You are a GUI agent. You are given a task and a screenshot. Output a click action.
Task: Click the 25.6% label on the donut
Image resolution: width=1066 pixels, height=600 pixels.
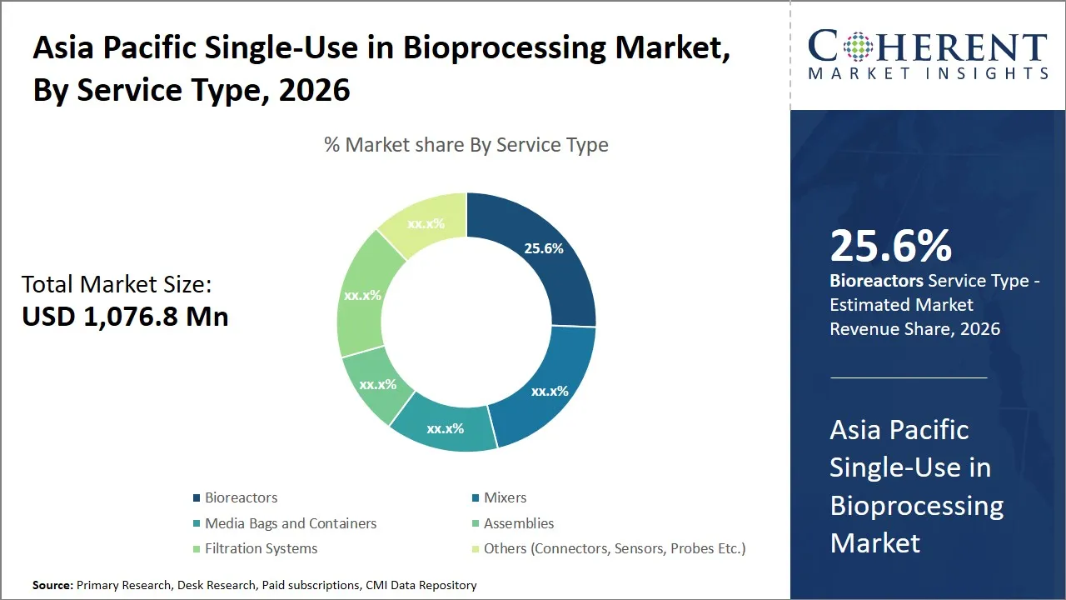tap(544, 248)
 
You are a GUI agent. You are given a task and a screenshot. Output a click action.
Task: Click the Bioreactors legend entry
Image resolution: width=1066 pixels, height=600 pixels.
tap(241, 497)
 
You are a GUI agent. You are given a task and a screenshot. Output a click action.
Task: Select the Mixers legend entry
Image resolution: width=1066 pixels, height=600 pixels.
tap(505, 497)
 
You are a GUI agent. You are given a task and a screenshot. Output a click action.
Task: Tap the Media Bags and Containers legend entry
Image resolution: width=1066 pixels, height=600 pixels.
tap(291, 523)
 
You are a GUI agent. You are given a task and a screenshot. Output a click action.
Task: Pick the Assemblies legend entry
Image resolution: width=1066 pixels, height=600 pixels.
tap(518, 523)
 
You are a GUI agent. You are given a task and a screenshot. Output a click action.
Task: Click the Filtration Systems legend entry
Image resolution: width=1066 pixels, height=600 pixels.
tap(261, 548)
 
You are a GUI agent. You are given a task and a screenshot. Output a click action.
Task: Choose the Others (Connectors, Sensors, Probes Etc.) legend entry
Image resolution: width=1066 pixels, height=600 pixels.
tap(614, 548)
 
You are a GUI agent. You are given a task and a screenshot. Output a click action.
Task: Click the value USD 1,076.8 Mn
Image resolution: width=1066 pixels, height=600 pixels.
tap(125, 317)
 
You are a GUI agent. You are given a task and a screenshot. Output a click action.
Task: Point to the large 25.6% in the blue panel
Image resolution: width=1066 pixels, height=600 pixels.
tap(890, 246)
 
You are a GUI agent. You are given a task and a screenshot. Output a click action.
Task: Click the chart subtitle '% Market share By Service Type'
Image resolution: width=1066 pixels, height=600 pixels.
tap(466, 145)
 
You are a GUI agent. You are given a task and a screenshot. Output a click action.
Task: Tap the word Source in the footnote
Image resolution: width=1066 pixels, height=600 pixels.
tap(52, 586)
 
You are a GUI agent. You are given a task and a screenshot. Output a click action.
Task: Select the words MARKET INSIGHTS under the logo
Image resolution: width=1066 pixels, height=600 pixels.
tap(928, 74)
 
